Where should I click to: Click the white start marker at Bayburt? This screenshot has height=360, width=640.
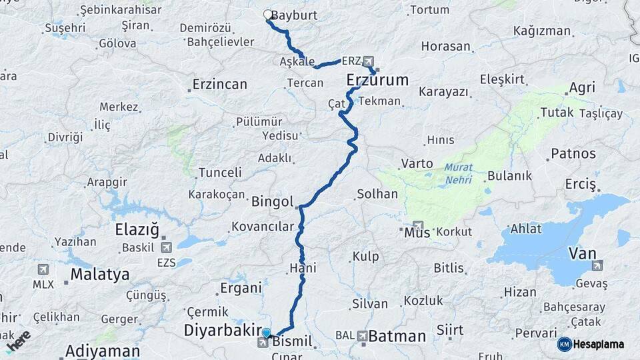tap(268, 15)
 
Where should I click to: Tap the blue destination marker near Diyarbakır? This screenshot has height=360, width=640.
tap(267, 333)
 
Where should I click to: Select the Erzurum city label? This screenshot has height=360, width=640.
tap(377, 81)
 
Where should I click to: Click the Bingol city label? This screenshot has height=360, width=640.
tap(273, 201)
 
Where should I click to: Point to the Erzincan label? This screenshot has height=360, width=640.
tap(219, 85)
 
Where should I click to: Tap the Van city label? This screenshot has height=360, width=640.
tap(582, 253)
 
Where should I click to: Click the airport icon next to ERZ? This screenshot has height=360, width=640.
tap(369, 61)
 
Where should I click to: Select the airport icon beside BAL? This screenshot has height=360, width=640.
tap(362, 336)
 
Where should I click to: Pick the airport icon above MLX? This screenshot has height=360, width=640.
tap(43, 269)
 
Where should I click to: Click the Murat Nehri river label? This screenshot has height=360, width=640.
tap(458, 173)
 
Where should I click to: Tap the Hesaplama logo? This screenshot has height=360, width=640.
tap(593, 344)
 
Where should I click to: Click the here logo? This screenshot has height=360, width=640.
tap(18, 341)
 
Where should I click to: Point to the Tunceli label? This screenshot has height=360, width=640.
tap(220, 173)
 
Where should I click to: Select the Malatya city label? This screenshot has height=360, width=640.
tap(100, 274)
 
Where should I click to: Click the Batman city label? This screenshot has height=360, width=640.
tap(397, 336)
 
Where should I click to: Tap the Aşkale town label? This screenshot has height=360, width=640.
tap(297, 62)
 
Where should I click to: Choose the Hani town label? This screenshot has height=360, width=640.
tap(303, 268)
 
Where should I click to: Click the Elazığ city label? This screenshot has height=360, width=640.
tap(137, 230)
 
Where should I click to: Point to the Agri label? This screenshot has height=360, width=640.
tap(581, 88)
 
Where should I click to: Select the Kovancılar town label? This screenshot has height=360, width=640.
tap(263, 227)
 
